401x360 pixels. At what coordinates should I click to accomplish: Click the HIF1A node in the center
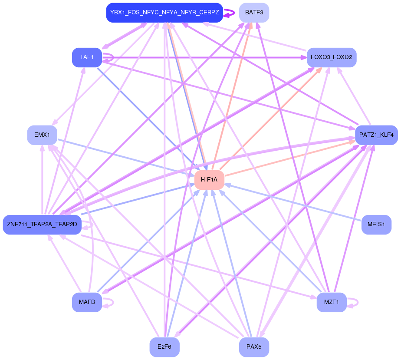coord(209,179)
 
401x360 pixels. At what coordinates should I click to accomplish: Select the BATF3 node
coord(254,13)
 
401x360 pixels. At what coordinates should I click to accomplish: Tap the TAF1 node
coord(87,57)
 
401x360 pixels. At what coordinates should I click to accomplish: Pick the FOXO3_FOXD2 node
coord(332,57)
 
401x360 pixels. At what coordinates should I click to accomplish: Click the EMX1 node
coord(42,135)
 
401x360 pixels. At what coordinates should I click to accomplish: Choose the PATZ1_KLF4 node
coord(376,135)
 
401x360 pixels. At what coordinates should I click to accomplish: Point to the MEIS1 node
coord(376,225)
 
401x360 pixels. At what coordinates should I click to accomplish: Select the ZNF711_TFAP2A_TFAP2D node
coord(42,225)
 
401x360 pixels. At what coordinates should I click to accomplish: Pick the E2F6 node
coord(164,347)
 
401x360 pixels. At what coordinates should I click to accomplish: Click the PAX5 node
coord(254,347)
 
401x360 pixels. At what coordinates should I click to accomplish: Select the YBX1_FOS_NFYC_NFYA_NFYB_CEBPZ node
coord(164,13)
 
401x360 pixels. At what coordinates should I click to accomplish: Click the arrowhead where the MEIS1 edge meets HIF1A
coord(228,185)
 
